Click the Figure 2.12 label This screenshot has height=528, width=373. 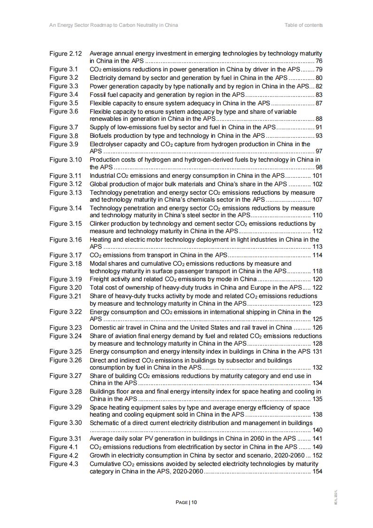click(65, 54)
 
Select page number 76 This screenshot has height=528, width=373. click(319, 61)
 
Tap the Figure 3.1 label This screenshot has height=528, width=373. click(63, 69)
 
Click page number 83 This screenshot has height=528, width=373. click(319, 95)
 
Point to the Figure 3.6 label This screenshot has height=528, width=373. click(63, 111)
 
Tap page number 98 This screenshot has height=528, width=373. click(319, 167)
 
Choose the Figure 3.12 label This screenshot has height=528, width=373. click(65, 184)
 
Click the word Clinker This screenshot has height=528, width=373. click(100, 224)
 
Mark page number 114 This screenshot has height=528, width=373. click(317, 255)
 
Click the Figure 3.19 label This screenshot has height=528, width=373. click(65, 279)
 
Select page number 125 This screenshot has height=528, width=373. click(317, 319)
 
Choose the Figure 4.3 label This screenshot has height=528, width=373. click(63, 464)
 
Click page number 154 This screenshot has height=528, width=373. click(317, 472)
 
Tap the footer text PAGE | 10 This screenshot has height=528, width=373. click(186, 502)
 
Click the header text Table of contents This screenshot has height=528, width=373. click(303, 25)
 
